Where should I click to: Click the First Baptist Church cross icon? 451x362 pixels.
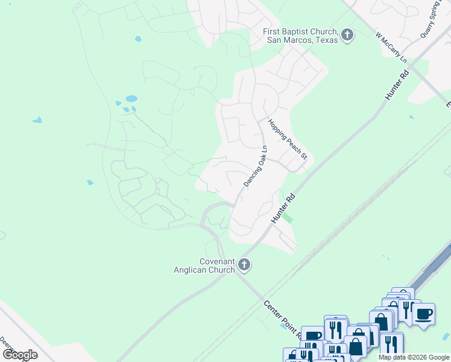pyautogui.click(x=347, y=35)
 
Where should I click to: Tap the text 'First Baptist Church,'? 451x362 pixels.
pyautogui.click(x=300, y=31)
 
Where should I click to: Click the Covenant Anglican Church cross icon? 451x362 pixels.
pyautogui.click(x=244, y=264)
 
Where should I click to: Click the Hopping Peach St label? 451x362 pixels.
pyautogui.click(x=288, y=139)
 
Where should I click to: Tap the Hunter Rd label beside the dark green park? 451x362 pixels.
pyautogui.click(x=283, y=208)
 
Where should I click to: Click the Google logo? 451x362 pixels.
pyautogui.click(x=20, y=355)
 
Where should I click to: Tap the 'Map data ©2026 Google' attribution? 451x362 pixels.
pyautogui.click(x=414, y=357)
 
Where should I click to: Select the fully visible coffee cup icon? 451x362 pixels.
pyautogui.click(x=423, y=314)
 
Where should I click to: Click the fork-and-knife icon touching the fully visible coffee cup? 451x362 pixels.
pyautogui.click(x=407, y=310)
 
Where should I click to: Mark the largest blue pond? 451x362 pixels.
pyautogui.click(x=131, y=98)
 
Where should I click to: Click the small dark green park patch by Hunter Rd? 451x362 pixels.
pyautogui.click(x=289, y=218)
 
